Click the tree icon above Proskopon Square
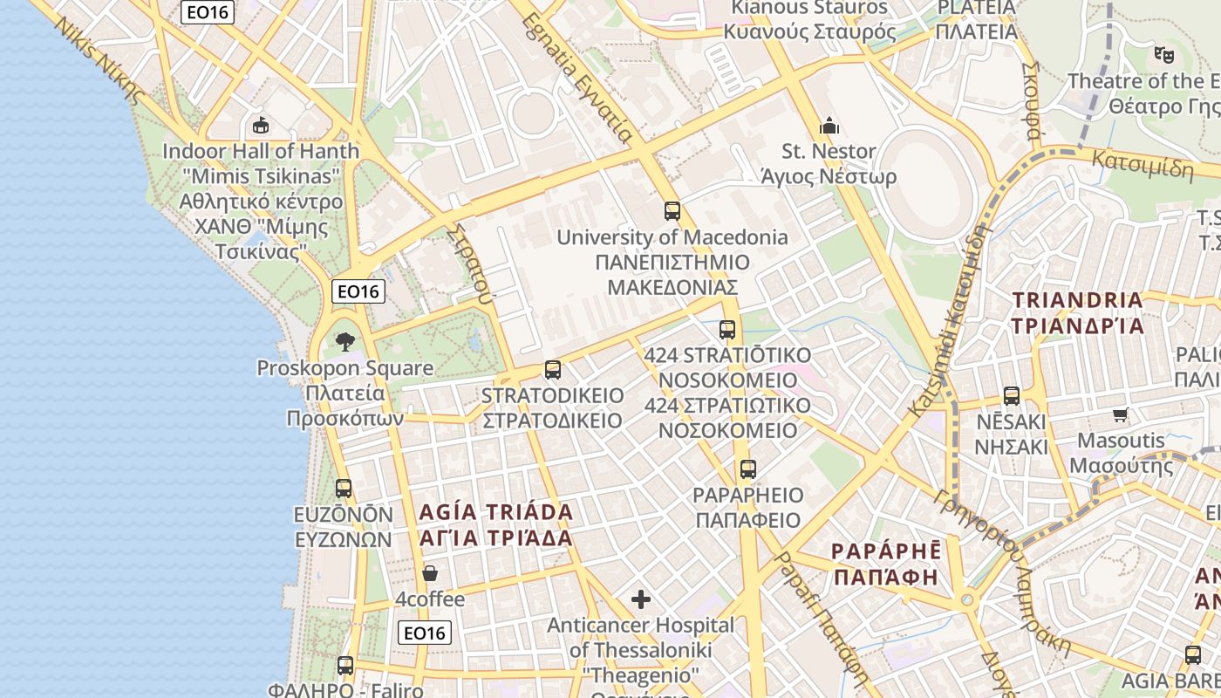(345, 341)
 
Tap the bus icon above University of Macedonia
(672, 210)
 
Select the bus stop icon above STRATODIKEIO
(552, 370)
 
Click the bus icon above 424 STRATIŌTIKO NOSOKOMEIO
(727, 330)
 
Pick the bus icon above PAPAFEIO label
(747, 469)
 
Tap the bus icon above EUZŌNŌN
(344, 489)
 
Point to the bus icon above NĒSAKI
(1012, 396)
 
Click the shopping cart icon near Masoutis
(1121, 414)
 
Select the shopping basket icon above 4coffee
(429, 573)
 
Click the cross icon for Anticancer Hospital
(641, 599)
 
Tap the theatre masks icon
(1163, 55)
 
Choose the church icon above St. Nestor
(829, 126)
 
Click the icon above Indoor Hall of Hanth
(260, 125)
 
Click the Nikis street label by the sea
(96, 58)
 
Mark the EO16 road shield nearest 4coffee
(425, 633)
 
